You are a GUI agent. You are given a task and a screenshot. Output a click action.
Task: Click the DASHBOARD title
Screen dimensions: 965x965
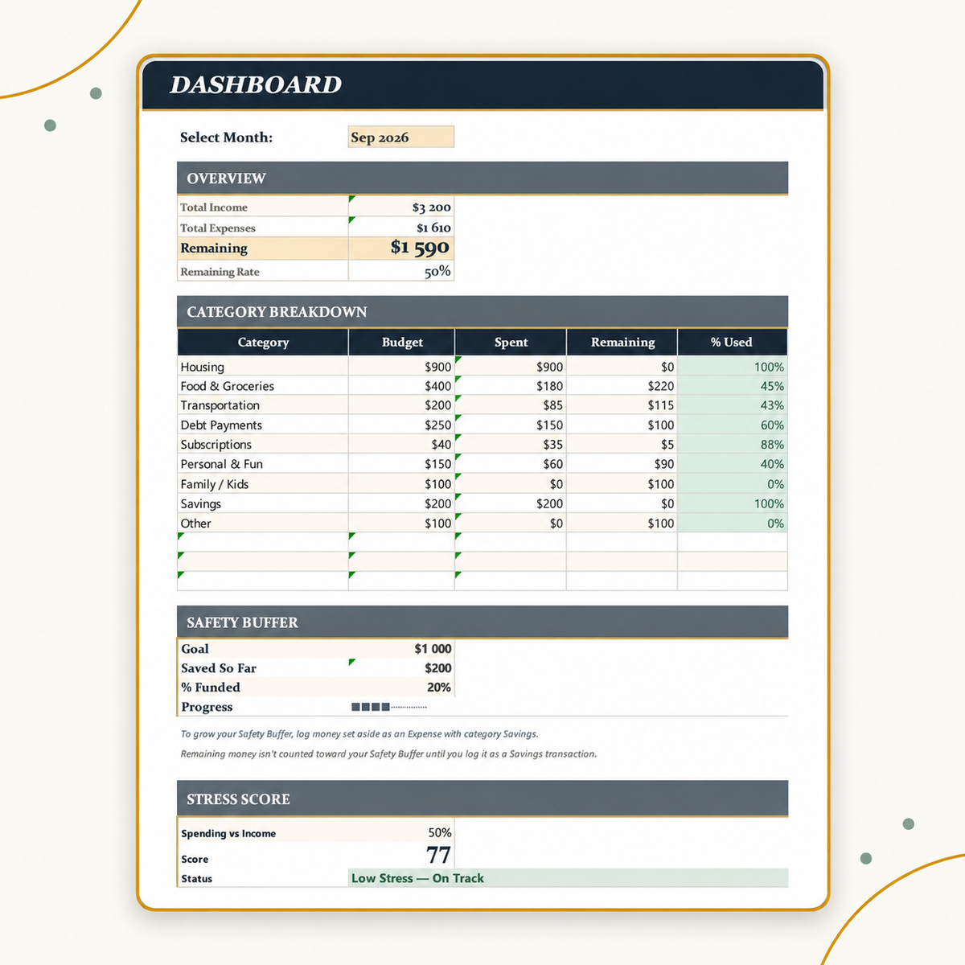pyautogui.click(x=256, y=84)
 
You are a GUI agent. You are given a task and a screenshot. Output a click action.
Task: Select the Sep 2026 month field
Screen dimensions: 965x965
pyautogui.click(x=401, y=138)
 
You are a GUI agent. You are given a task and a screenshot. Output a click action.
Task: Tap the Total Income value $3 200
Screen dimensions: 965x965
pyautogui.click(x=431, y=207)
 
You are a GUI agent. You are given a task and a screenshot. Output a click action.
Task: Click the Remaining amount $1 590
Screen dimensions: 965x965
pyautogui.click(x=420, y=248)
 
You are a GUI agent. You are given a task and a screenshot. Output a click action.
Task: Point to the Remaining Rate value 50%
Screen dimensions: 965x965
pyautogui.click(x=437, y=272)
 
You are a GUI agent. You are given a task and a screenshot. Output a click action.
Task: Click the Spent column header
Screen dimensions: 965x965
pyautogui.click(x=511, y=342)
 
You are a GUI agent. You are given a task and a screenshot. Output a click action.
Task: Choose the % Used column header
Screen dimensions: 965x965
pyautogui.click(x=731, y=342)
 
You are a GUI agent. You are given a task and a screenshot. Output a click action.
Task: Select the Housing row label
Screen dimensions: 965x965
pyautogui.click(x=203, y=367)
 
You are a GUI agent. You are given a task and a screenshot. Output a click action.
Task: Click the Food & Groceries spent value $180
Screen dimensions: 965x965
pyautogui.click(x=549, y=386)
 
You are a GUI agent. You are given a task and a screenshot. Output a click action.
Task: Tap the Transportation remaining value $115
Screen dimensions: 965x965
pyautogui.click(x=660, y=405)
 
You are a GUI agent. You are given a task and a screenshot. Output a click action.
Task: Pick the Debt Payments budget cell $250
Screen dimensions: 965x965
pyautogui.click(x=437, y=425)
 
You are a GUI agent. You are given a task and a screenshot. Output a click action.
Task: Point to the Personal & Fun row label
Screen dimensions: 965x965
pyautogui.click(x=221, y=464)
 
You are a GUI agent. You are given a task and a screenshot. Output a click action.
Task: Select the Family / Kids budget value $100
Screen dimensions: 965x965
pyautogui.click(x=437, y=484)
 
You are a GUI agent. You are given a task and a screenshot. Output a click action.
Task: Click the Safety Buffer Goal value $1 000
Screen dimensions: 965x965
pyautogui.click(x=433, y=649)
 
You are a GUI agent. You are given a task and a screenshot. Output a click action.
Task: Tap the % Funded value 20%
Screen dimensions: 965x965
pyautogui.click(x=439, y=688)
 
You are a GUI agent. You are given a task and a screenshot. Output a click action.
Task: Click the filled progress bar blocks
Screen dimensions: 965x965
pyautogui.click(x=370, y=707)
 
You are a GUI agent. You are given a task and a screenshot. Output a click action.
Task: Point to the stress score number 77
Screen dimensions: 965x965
pyautogui.click(x=439, y=855)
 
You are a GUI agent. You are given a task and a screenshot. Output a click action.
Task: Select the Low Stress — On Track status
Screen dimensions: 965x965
pyautogui.click(x=417, y=878)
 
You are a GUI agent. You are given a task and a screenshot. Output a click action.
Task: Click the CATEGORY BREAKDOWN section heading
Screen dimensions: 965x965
pyautogui.click(x=277, y=312)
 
